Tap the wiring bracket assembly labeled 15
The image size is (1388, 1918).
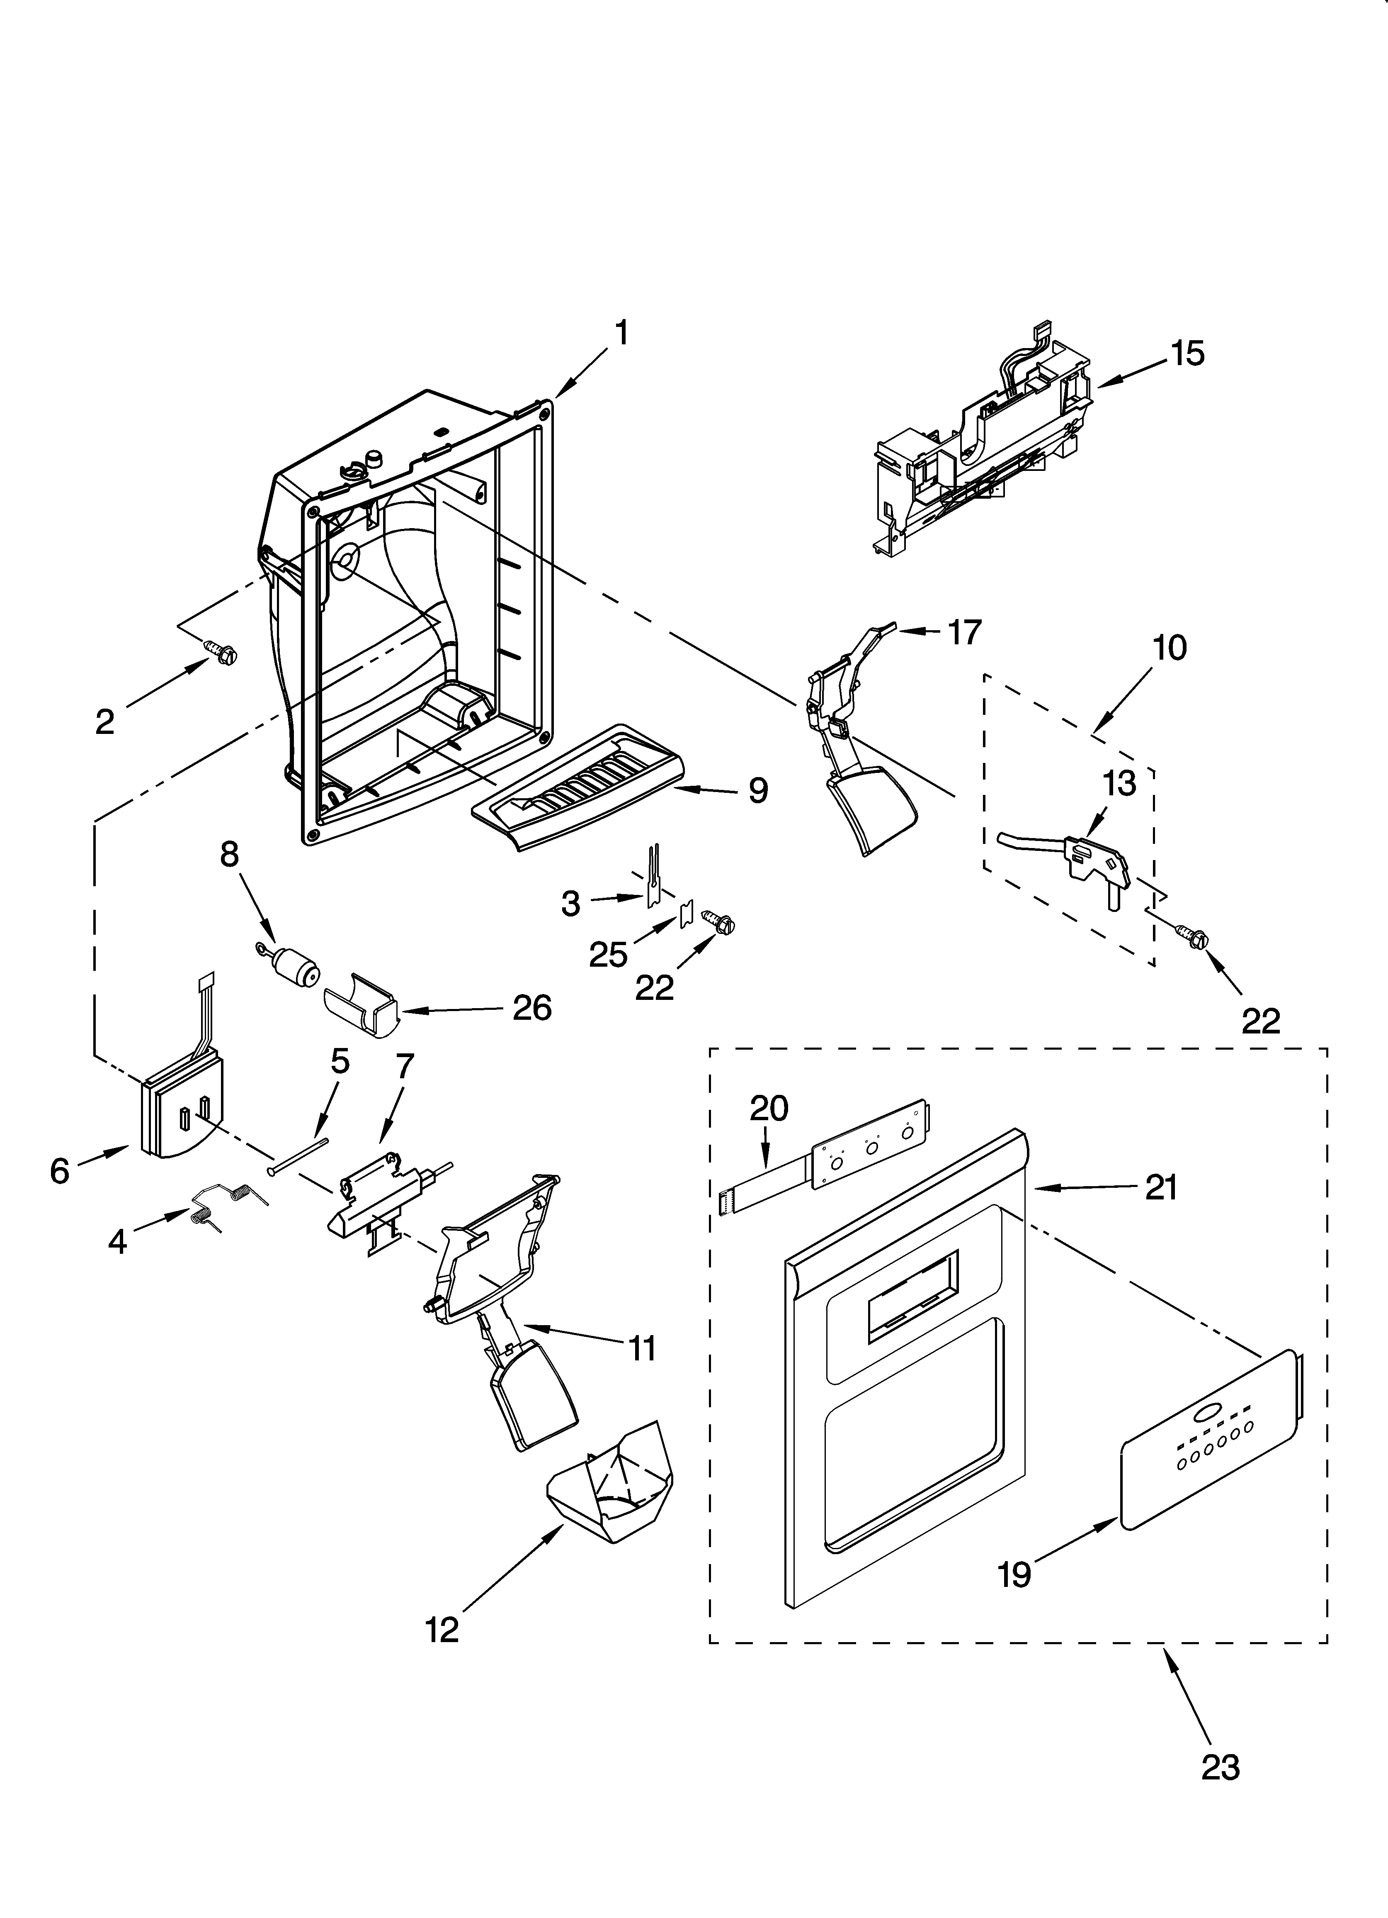tap(980, 440)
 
